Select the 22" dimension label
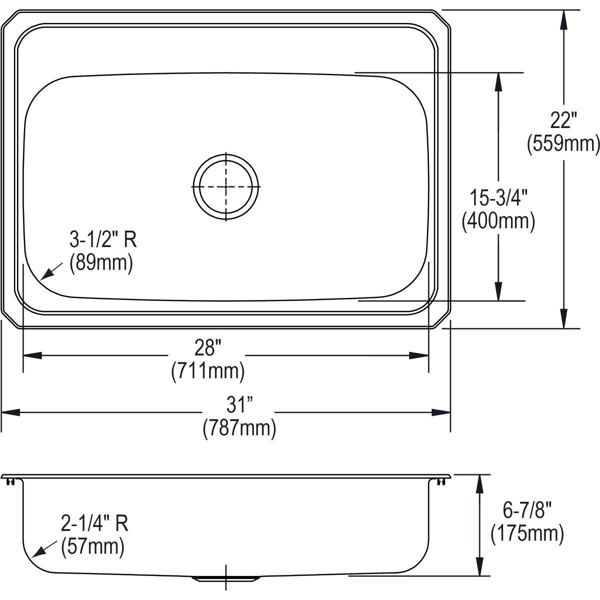click(x=563, y=121)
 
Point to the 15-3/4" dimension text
click(x=498, y=198)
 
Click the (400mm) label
click(x=498, y=220)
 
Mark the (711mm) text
click(x=207, y=370)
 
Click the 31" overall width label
click(x=238, y=404)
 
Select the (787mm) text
click(x=239, y=428)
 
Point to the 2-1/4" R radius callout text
click(x=94, y=523)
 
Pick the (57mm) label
click(x=92, y=546)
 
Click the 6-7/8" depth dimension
click(x=527, y=511)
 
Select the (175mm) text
click(x=527, y=533)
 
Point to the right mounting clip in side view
click(x=440, y=481)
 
